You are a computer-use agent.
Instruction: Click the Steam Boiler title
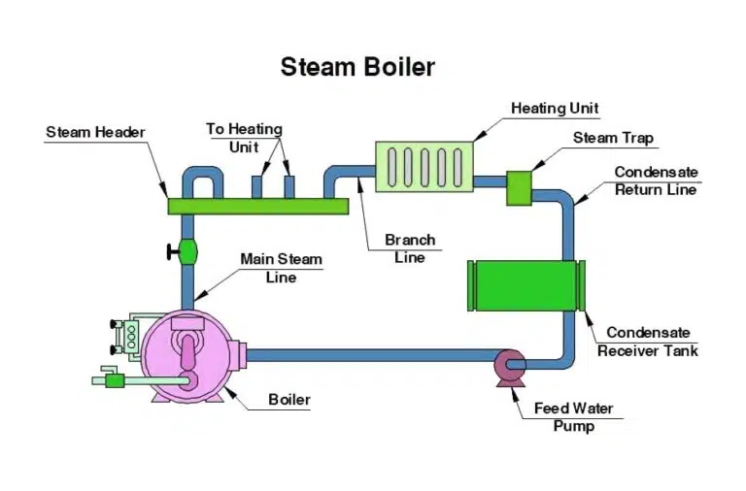(x=357, y=67)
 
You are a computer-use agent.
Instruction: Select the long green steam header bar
(x=257, y=206)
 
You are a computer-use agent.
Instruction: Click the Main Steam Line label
(x=281, y=268)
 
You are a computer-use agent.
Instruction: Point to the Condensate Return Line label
(x=656, y=180)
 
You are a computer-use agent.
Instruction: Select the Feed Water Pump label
(x=573, y=417)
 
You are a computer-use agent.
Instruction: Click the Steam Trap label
(x=613, y=138)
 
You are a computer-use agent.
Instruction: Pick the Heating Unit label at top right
(x=555, y=108)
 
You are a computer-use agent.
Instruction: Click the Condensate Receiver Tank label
(x=647, y=342)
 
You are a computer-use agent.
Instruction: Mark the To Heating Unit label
(x=244, y=138)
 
